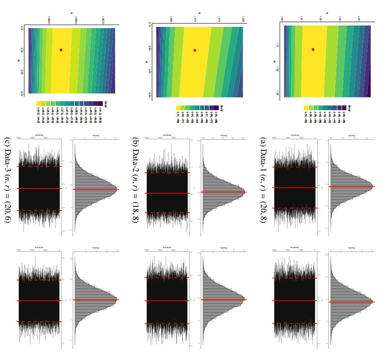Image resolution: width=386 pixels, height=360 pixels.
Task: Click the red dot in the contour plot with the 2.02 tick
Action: coord(61,50)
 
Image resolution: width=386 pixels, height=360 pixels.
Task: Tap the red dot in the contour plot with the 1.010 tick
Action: coord(195,50)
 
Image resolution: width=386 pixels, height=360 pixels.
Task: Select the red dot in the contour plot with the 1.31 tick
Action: coord(313,49)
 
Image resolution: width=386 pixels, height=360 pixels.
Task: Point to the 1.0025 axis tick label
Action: coord(49,20)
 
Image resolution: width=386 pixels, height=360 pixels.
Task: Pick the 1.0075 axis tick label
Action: coord(104,20)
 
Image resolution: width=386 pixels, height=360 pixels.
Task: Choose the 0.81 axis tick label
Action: coord(150,72)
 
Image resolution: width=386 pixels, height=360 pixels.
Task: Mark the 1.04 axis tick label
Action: coord(359,20)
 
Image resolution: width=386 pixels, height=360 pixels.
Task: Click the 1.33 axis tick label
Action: coord(277,93)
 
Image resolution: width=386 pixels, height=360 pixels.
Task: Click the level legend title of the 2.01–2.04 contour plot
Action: coord(101,103)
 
